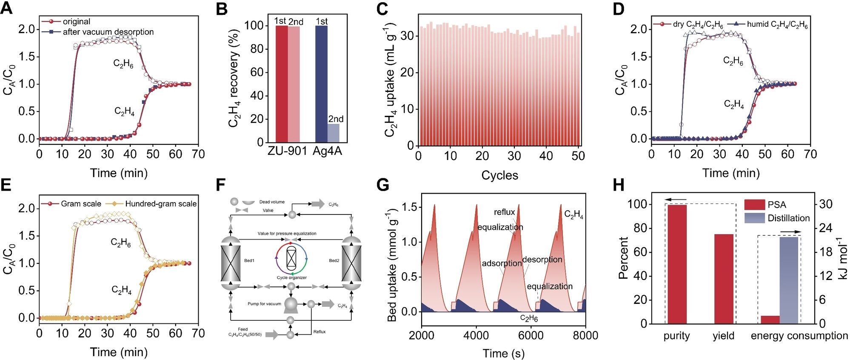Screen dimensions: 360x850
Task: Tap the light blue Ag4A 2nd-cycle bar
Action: [x=334, y=133]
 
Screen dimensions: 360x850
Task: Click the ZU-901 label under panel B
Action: [x=287, y=151]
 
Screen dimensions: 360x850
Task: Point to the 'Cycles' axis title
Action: [x=499, y=175]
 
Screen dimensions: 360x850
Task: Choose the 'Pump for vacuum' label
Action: [x=264, y=304]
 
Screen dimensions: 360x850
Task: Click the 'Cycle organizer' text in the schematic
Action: [x=291, y=277]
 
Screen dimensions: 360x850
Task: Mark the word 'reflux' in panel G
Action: [x=504, y=212]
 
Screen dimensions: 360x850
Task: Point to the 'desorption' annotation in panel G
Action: [x=542, y=260]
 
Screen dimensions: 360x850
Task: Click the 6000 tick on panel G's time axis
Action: [x=531, y=335]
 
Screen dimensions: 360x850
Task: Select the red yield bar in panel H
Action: [x=724, y=279]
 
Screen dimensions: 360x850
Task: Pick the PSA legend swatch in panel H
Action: [x=754, y=205]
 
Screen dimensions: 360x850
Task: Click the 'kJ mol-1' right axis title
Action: [x=843, y=264]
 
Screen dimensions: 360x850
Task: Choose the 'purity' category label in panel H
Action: [x=676, y=336]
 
